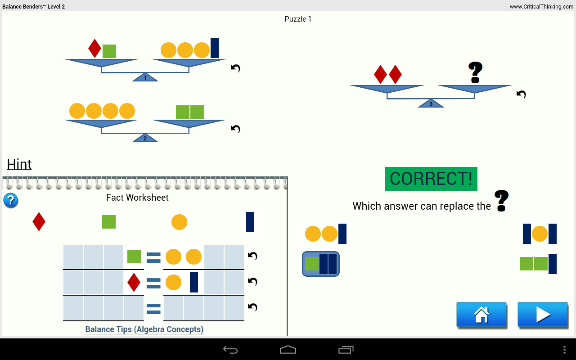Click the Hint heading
tap(19, 164)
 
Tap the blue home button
tap(481, 315)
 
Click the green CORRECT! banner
tap(431, 179)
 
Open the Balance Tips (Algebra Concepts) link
tap(144, 329)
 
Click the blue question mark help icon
tap(11, 200)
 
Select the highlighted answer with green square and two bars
tap(321, 264)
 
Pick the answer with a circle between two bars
tap(540, 234)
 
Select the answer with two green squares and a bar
tap(538, 264)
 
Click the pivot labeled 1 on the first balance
tap(145, 78)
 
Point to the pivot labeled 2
tap(145, 139)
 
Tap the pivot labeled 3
tap(431, 104)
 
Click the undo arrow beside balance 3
tap(521, 94)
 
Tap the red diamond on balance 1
tap(94, 49)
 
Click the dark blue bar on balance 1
tap(215, 48)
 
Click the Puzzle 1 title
tap(298, 19)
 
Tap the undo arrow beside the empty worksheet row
tap(252, 307)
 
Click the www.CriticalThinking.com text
tap(541, 7)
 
